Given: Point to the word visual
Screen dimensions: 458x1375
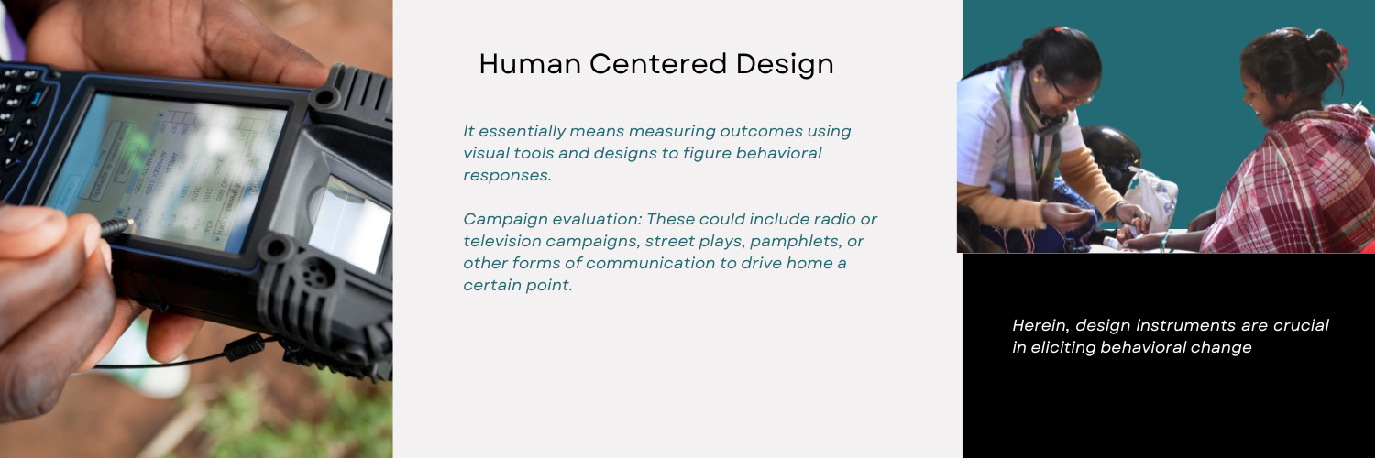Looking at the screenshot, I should coord(489,153).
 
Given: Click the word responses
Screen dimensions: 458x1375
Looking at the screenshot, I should coord(507,175).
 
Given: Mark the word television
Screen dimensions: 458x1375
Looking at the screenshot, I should coord(505,241).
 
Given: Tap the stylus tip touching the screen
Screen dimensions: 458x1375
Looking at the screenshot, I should coord(129,224).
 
